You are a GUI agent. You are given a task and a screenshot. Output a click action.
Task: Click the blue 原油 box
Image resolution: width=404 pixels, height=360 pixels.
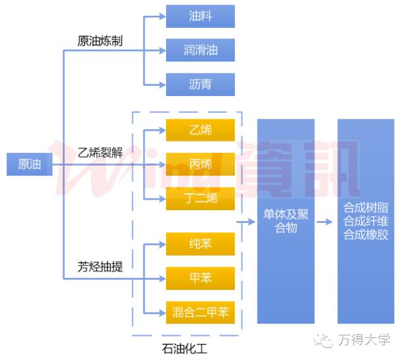pos(29,164)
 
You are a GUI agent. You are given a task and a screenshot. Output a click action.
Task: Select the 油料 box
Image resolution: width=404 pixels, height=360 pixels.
pos(200,16)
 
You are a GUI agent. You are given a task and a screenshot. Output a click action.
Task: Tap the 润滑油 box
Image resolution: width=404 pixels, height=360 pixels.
pos(200,50)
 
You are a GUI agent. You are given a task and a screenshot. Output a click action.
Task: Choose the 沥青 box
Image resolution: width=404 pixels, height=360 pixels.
pos(200,84)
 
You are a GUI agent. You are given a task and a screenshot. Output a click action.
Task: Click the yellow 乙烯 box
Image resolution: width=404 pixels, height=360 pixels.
pos(200,131)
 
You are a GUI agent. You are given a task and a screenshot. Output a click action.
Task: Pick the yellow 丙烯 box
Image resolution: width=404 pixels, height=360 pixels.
pos(200,164)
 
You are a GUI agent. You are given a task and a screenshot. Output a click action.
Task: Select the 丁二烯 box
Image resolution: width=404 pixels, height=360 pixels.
pos(200,198)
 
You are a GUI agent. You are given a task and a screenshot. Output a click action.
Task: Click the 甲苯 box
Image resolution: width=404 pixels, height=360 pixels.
pos(200,278)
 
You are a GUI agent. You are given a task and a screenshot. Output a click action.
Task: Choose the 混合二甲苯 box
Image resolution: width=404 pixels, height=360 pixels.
pos(200,312)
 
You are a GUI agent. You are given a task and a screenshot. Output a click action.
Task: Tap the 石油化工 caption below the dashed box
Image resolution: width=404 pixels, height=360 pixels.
pos(184,347)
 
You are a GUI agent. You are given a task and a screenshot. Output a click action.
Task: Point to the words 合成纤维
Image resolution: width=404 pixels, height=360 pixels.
pos(366,221)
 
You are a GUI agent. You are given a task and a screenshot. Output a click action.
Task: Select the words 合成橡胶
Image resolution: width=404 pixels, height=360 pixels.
pos(366,234)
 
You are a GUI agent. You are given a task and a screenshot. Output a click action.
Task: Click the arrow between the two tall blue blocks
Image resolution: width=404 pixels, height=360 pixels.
pos(325,222)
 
